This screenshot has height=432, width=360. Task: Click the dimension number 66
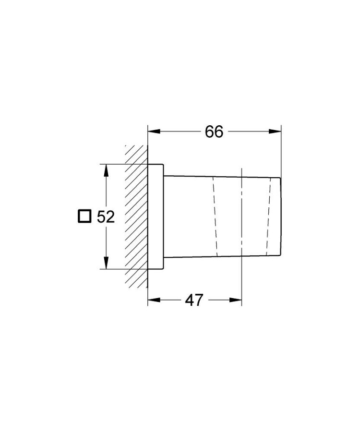[x=214, y=132]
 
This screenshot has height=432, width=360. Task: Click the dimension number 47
[x=194, y=300]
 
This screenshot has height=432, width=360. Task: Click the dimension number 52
[x=106, y=217]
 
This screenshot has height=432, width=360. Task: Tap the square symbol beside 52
[x=84, y=216]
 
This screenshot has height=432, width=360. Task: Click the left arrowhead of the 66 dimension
[x=154, y=132]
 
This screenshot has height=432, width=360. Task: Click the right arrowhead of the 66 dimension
[x=275, y=132]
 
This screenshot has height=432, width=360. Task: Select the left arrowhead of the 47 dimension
[x=154, y=300]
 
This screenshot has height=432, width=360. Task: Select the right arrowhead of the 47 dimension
[x=236, y=300]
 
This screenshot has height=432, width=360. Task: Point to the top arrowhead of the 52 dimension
[x=106, y=170]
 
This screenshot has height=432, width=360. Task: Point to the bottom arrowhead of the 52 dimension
[x=106, y=262]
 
